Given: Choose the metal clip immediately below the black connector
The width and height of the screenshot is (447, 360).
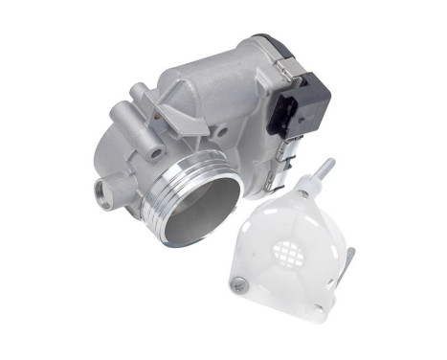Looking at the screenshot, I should tap(285, 143).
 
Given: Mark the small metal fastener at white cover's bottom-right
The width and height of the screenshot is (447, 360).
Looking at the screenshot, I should tap(333, 304).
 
